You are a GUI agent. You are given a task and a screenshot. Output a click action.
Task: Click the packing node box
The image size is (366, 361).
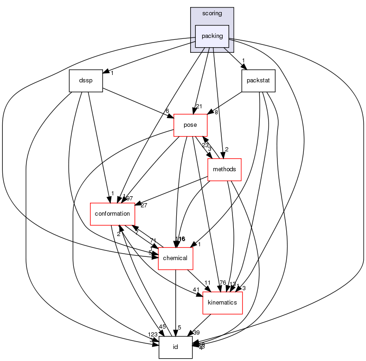coord(212,36)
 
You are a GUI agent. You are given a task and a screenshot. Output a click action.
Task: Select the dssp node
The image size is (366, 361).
coord(85,81)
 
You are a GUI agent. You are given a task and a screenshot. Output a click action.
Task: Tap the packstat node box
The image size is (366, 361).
coord(258,81)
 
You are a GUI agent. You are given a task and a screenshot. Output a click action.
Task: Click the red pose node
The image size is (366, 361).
coord(190,125)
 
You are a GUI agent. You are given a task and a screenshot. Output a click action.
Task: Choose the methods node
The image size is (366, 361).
coord(225,169)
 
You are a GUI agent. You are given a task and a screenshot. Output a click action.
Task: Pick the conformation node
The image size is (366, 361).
coord(112,214)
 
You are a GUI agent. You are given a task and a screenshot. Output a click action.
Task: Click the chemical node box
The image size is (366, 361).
coord(176,258)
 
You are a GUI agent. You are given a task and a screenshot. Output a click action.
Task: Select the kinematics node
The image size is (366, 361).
coord(223,303)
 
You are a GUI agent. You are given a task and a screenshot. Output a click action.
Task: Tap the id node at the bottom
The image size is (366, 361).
coord(176,347)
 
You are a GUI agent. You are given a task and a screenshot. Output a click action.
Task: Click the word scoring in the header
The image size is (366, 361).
coord(212,13)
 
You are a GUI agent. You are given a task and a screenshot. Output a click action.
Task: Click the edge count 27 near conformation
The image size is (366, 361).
coord(144,205)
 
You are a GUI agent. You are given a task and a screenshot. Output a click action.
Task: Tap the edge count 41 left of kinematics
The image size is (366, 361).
coord(196,290)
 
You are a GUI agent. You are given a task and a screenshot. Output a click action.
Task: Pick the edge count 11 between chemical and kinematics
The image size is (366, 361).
coord(207,282)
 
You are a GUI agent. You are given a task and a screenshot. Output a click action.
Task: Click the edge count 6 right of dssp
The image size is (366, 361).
coord(167,111)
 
